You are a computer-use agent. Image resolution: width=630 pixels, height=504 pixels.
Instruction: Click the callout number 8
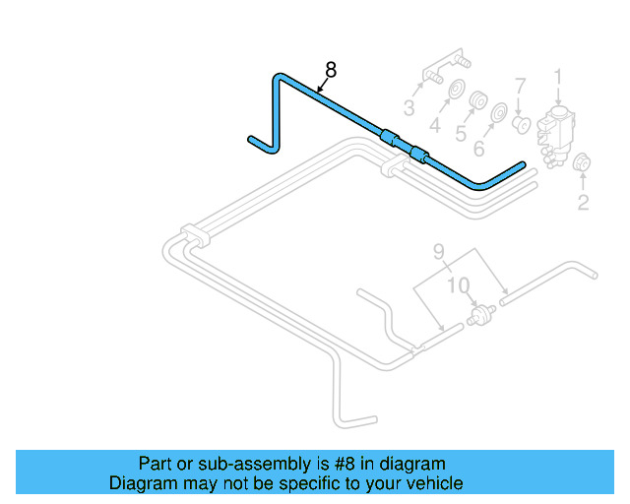pos(331,70)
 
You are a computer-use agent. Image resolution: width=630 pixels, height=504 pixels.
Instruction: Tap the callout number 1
pos(556,78)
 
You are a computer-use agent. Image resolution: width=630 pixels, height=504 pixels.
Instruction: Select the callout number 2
pos(584,204)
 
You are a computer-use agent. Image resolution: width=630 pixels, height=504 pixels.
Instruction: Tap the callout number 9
pos(439,252)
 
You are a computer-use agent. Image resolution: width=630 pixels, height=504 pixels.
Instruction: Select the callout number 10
pos(458,285)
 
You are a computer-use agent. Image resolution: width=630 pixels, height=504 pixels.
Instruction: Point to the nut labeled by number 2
pos(581,163)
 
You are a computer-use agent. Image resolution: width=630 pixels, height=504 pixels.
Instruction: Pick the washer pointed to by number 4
pos(456,94)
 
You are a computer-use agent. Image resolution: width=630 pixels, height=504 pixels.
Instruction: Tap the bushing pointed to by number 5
pos(479,102)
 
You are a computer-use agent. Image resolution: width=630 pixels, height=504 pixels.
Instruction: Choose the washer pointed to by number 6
pos(498,113)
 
